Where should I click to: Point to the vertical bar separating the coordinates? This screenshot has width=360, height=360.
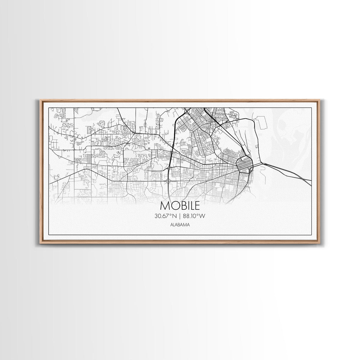click(x=180, y=216)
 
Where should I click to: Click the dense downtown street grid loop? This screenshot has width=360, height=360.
click(x=245, y=164)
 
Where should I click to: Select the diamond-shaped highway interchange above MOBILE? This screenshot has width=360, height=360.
click(x=169, y=181)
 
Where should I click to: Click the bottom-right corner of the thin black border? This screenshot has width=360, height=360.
click(x=312, y=235)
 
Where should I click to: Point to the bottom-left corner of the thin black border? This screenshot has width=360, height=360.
click(x=49, y=235)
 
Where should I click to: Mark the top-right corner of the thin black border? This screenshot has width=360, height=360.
click(x=312, y=108)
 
